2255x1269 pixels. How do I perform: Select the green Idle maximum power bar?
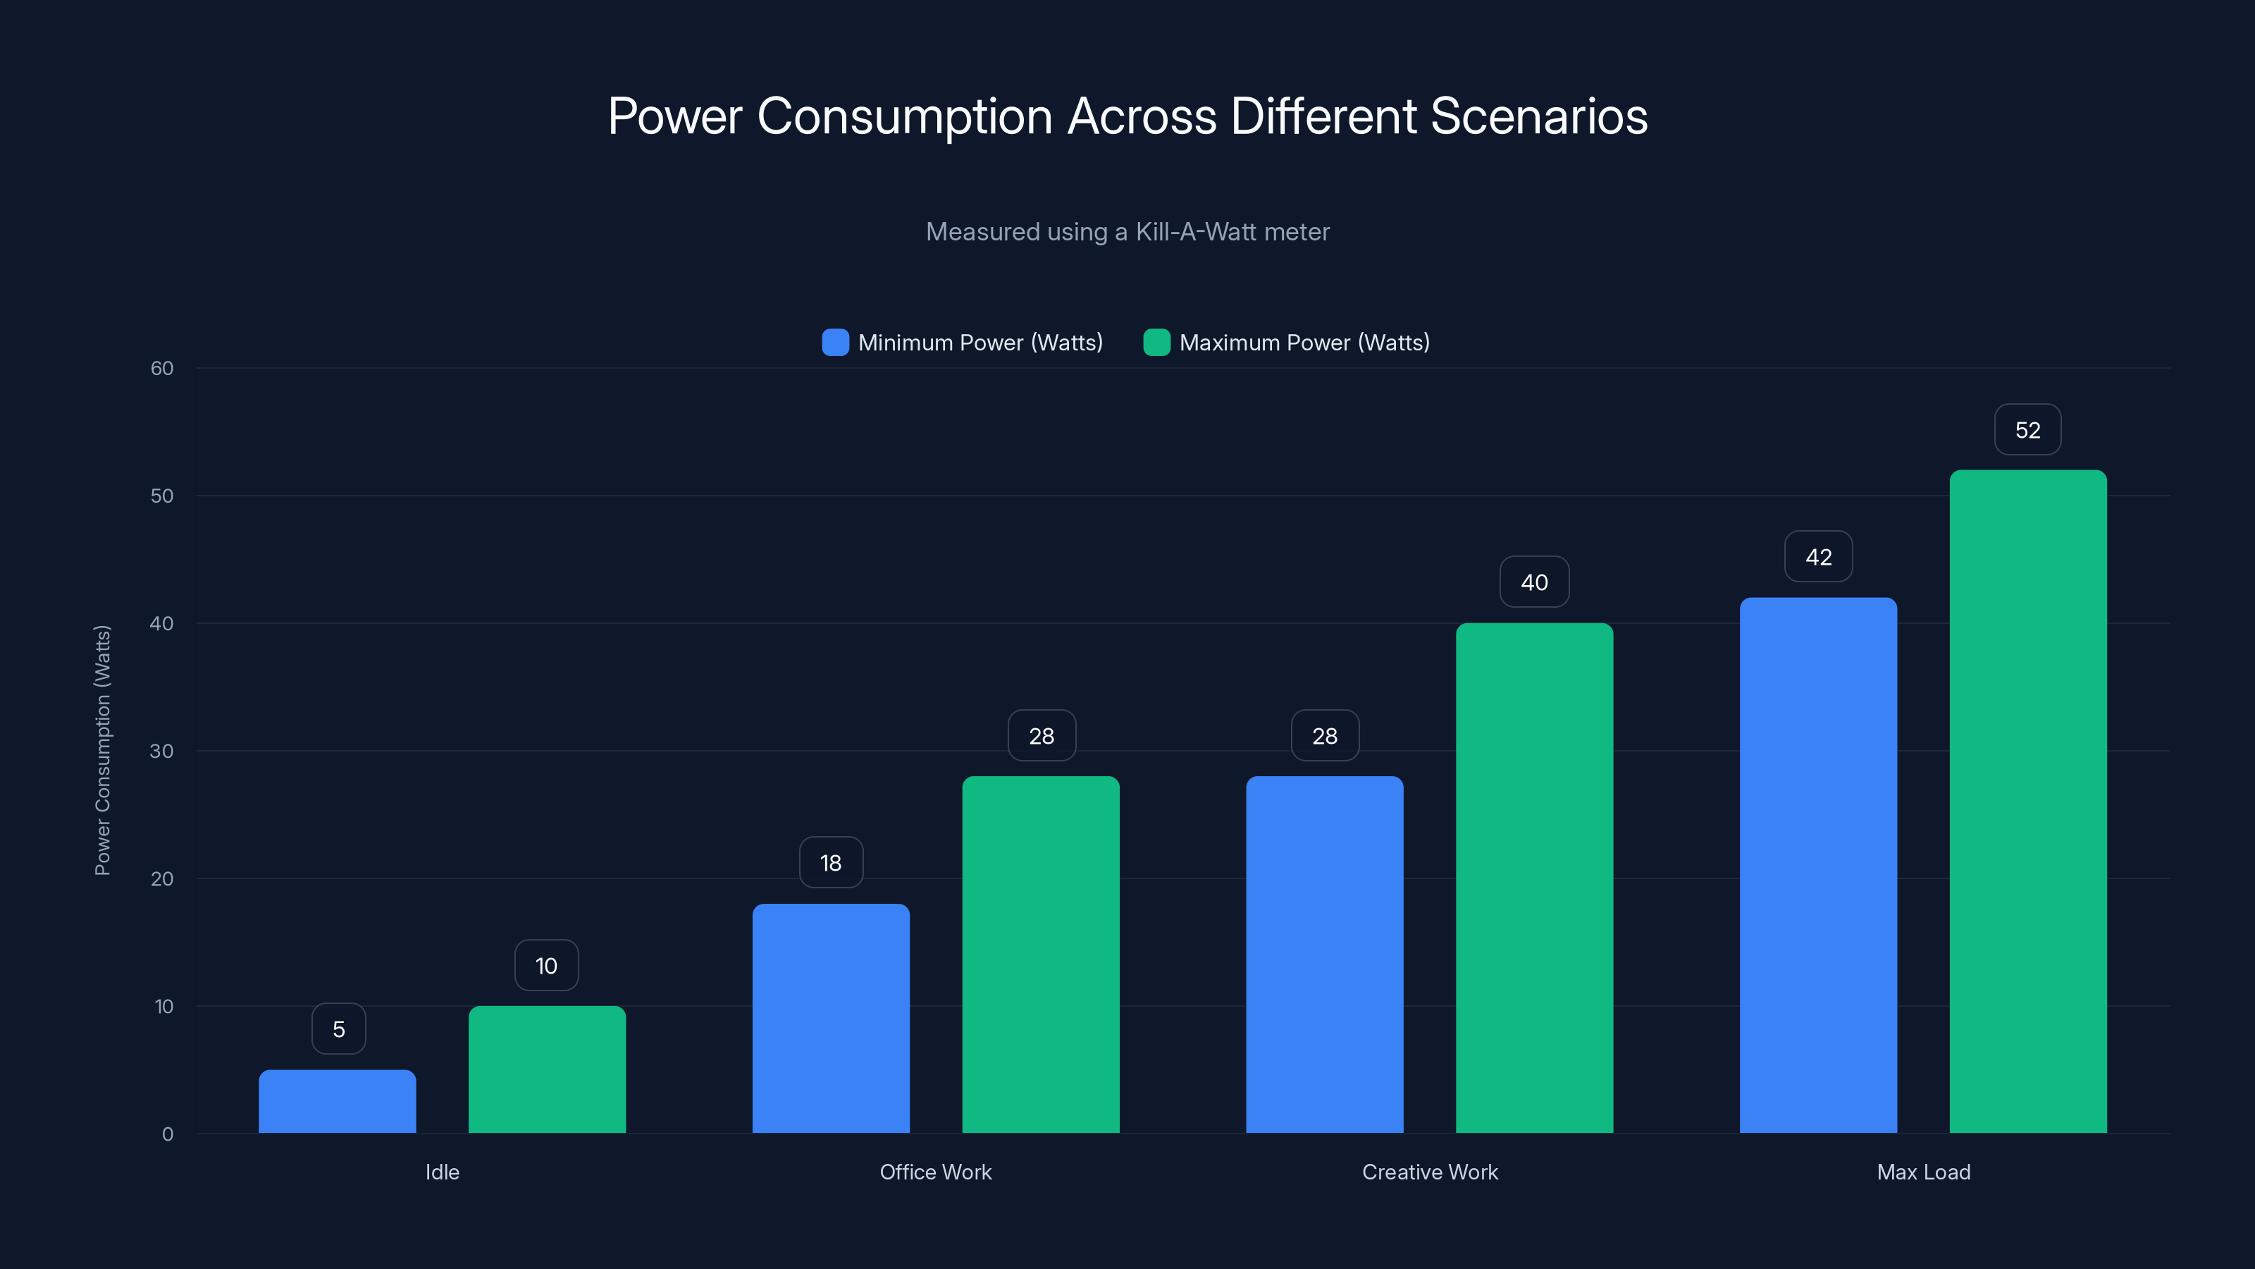547,1069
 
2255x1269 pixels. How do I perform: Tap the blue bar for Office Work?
831,1019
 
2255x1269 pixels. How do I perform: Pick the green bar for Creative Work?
1533,878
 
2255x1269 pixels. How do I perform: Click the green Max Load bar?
2027,802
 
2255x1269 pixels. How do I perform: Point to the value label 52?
2027,430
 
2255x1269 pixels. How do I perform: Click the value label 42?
1818,557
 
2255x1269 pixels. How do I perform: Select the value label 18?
831,863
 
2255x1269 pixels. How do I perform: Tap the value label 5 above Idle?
339,1029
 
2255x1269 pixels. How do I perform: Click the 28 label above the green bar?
1041,735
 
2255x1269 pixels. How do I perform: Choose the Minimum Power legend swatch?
835,343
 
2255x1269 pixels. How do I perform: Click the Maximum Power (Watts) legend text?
1304,343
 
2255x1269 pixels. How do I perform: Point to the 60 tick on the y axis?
162,368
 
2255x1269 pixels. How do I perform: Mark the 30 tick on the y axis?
162,751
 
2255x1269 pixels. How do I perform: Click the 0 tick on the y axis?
167,1134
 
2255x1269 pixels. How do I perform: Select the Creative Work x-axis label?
1430,1172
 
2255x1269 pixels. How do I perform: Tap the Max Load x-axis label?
1923,1172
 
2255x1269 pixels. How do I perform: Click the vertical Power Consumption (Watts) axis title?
102,751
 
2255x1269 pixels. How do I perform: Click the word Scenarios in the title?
1538,116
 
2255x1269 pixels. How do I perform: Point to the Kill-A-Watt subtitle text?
1127,231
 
